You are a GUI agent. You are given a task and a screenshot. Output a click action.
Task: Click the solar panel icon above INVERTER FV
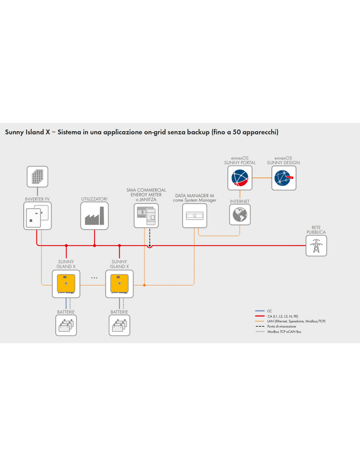(x=37, y=177)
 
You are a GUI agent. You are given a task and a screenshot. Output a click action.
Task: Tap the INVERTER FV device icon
(x=37, y=216)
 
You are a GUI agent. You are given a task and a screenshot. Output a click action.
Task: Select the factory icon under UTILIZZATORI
(x=94, y=216)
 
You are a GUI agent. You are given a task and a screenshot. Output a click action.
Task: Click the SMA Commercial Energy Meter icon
(x=146, y=216)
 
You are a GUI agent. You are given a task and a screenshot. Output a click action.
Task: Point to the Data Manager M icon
(x=194, y=216)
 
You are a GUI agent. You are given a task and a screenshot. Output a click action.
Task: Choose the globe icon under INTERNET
(x=240, y=215)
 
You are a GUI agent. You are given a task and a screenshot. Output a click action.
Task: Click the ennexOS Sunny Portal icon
(x=240, y=178)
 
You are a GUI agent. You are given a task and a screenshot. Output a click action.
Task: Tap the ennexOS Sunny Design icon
(x=283, y=178)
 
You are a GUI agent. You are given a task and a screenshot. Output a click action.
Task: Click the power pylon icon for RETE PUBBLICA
(x=316, y=246)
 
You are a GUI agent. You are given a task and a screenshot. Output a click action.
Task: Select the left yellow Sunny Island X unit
(x=66, y=284)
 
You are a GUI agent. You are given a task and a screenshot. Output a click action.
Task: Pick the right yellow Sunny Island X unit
(x=119, y=284)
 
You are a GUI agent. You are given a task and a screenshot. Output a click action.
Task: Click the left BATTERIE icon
(x=66, y=325)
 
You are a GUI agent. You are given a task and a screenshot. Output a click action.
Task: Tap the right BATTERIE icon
(x=119, y=325)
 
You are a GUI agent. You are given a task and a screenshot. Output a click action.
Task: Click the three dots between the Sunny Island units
(x=94, y=278)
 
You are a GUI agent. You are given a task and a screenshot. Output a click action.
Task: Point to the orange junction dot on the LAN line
(x=144, y=285)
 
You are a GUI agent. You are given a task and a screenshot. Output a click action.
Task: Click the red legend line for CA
(x=259, y=316)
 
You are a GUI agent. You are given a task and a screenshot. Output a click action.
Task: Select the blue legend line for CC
(x=259, y=311)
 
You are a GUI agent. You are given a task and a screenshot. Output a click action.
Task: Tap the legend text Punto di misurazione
(x=281, y=326)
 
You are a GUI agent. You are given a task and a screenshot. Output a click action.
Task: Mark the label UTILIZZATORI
(x=94, y=199)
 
